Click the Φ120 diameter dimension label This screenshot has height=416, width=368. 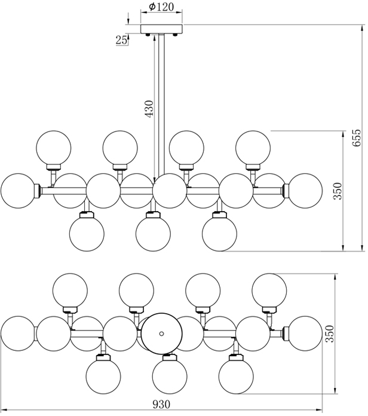click(x=158, y=7)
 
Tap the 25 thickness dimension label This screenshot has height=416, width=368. click(x=121, y=40)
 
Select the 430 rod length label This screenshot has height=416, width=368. click(x=149, y=108)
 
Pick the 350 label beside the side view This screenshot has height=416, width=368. click(x=338, y=190)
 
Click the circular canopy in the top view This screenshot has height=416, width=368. click(x=161, y=332)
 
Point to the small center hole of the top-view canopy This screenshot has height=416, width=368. click(x=161, y=332)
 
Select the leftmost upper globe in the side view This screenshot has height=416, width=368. click(x=54, y=148)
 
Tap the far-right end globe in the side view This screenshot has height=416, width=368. click(x=304, y=191)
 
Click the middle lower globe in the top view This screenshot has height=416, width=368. click(x=170, y=373)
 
